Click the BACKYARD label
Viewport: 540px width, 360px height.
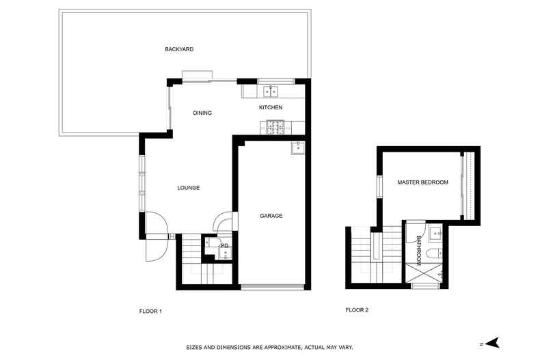[x=179, y=49]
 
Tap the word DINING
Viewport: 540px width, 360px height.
[x=202, y=113]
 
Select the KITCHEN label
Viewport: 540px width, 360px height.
[x=271, y=107]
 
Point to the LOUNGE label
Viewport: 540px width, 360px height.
[x=189, y=188]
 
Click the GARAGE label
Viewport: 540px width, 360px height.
[x=271, y=216]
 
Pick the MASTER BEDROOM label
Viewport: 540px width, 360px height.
[x=423, y=182]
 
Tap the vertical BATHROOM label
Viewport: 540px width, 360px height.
[x=419, y=251]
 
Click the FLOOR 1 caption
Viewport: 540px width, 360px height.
[x=150, y=311]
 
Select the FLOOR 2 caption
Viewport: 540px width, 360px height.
[x=357, y=309]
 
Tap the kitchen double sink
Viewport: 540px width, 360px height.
[x=271, y=92]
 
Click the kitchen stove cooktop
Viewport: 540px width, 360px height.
[x=275, y=127]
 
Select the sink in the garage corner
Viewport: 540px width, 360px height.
[x=297, y=148]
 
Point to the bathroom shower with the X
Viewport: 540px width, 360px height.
[x=424, y=273]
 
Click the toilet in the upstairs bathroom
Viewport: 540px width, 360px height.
[x=433, y=253]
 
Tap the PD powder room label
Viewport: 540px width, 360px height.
[x=224, y=246]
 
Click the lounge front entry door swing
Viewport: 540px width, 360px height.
[x=157, y=223]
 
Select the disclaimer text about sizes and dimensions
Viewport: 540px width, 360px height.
[x=269, y=348]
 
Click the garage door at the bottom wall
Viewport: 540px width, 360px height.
[x=273, y=287]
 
